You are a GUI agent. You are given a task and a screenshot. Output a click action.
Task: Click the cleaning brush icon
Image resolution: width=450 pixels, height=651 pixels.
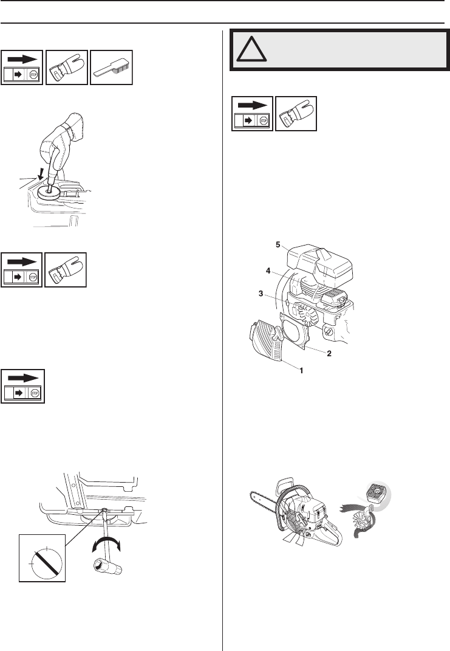(111, 67)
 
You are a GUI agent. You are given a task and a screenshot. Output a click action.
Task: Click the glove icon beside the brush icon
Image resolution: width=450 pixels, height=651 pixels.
(66, 67)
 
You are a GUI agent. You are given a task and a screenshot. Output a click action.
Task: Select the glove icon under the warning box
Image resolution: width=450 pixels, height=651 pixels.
(296, 114)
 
